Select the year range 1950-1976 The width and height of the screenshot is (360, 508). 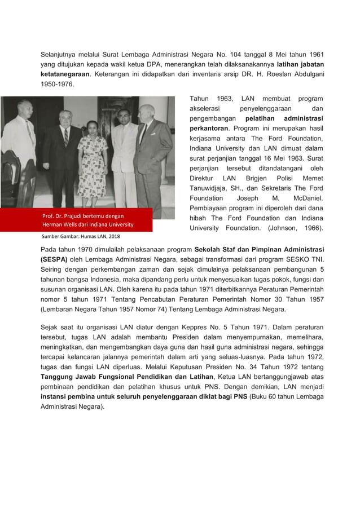coord(56,84)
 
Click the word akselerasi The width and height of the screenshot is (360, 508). coord(208,109)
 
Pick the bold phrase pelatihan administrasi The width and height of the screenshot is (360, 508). coord(284,119)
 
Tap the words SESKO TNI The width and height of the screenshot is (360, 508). coord(305,259)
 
